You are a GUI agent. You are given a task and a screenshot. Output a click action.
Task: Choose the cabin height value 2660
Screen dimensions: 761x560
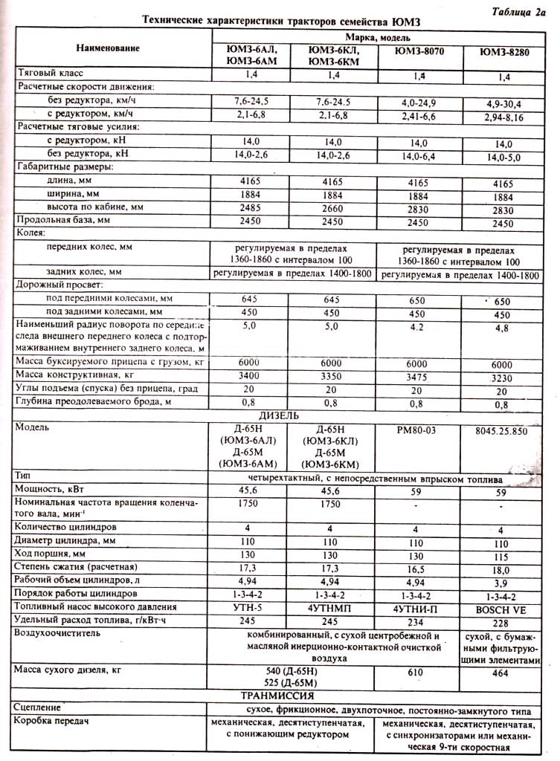[x=331, y=208]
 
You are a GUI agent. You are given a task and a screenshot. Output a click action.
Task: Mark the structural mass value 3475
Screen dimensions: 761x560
[x=416, y=376]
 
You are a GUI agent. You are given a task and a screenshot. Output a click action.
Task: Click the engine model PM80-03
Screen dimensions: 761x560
[x=416, y=429]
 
